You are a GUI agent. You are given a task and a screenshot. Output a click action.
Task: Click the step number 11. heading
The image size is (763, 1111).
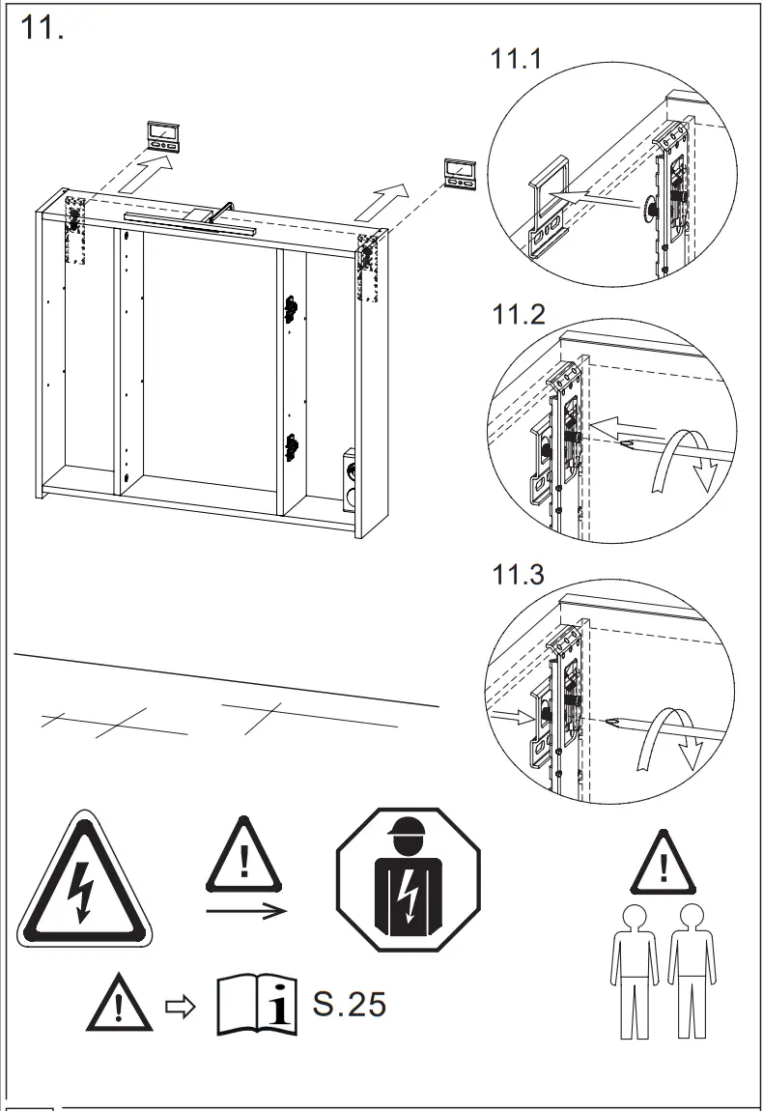pos(42,28)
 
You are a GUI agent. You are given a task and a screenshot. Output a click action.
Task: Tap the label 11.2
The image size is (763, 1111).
pos(519,314)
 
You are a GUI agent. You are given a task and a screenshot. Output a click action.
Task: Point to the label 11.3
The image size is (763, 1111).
pos(519,575)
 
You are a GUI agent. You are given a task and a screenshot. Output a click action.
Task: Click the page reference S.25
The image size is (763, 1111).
pos(349,1004)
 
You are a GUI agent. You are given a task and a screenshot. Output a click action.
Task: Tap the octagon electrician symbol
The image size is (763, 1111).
pos(407,878)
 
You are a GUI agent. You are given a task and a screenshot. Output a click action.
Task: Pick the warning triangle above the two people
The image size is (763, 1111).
pos(663,862)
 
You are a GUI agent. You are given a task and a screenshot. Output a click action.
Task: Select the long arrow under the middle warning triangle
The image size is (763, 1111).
pos(245,910)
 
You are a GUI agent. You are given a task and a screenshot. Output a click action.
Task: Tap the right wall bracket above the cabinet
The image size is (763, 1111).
pos(459,173)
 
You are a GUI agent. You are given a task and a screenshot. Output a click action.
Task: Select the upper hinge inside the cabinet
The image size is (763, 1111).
pos(289,308)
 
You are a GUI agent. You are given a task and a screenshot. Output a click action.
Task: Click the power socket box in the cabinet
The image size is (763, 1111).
pos(350,478)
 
